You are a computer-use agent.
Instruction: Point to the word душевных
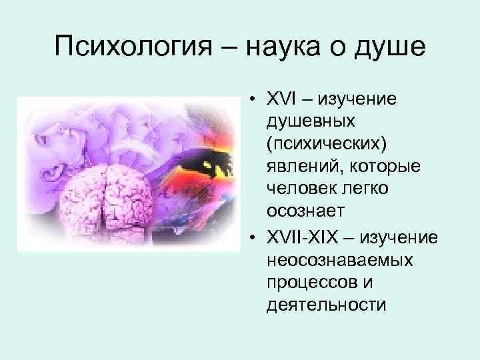point(308,123)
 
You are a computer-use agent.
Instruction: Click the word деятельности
point(316,305)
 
